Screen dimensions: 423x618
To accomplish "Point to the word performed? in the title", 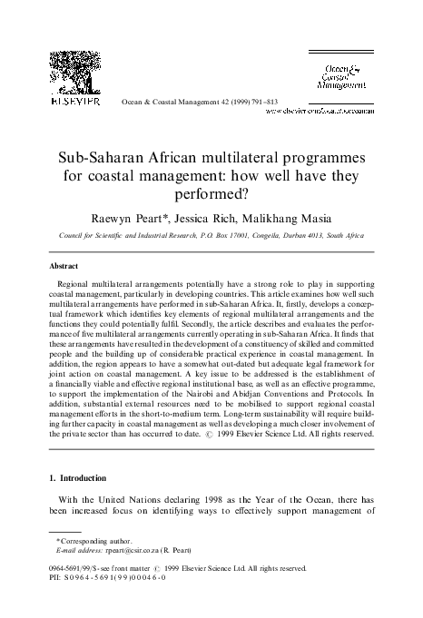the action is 211,189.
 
